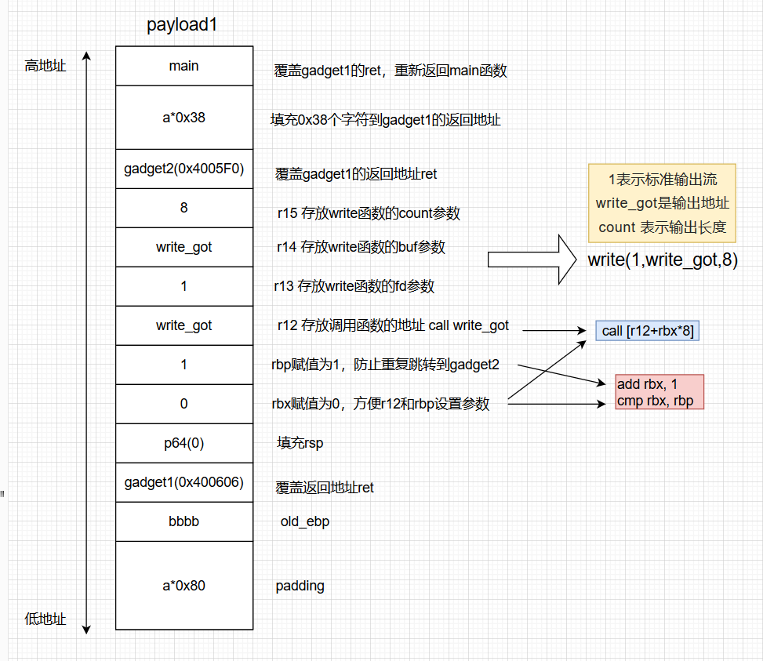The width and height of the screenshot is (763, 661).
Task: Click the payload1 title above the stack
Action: [x=181, y=24]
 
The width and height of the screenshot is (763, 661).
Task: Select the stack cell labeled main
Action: [x=184, y=66]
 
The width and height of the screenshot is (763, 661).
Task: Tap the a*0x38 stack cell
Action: [x=184, y=118]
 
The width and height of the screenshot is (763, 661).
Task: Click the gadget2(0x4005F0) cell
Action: [x=184, y=169]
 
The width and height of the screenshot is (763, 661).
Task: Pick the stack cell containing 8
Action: [x=184, y=208]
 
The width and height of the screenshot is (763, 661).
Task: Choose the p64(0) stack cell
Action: [x=184, y=443]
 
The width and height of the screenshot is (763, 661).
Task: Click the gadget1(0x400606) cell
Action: [x=184, y=482]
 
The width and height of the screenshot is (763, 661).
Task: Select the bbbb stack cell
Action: [x=184, y=521]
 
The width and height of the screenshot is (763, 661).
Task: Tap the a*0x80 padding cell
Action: [x=184, y=585]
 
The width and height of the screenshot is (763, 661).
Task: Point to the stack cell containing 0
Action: [x=184, y=404]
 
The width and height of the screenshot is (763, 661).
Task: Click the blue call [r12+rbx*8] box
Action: [x=647, y=331]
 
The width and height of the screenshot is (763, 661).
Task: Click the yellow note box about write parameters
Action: [x=662, y=203]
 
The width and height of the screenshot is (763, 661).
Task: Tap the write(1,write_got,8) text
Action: [x=663, y=260]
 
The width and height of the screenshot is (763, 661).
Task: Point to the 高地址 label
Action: [x=45, y=66]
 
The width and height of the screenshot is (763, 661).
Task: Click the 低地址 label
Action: [x=45, y=619]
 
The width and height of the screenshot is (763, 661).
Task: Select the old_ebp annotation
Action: [x=304, y=521]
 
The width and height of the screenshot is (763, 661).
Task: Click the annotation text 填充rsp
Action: [x=300, y=443]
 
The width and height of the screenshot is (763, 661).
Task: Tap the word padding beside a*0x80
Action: [x=300, y=586]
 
